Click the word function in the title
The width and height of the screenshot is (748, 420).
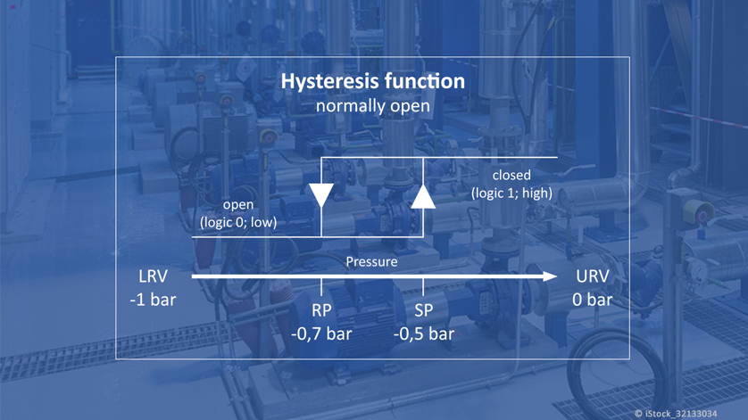(425, 81)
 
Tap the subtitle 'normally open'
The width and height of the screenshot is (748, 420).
(372, 105)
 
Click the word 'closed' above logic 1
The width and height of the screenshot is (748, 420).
(511, 175)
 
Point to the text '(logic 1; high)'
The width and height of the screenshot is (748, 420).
(511, 193)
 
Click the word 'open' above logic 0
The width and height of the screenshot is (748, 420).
(237, 205)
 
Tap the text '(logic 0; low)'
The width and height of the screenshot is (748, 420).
(237, 222)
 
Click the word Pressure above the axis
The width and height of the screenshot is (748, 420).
(372, 262)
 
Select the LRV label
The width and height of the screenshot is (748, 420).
(153, 276)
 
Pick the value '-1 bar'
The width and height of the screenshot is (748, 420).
(153, 300)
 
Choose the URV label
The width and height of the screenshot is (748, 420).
(592, 276)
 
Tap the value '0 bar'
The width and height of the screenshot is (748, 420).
(592, 300)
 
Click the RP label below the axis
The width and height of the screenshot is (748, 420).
(321, 311)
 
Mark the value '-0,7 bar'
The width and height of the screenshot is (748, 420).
(321, 334)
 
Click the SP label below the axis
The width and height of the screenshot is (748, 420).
(424, 311)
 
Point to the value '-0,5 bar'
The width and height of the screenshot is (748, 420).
(424, 334)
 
